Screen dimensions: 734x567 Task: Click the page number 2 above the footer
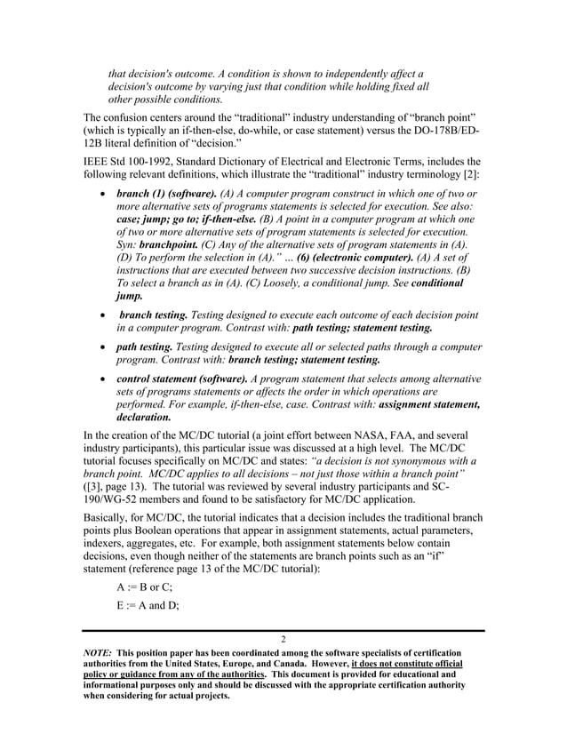point(283,640)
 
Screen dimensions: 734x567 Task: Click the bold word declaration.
point(144,417)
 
